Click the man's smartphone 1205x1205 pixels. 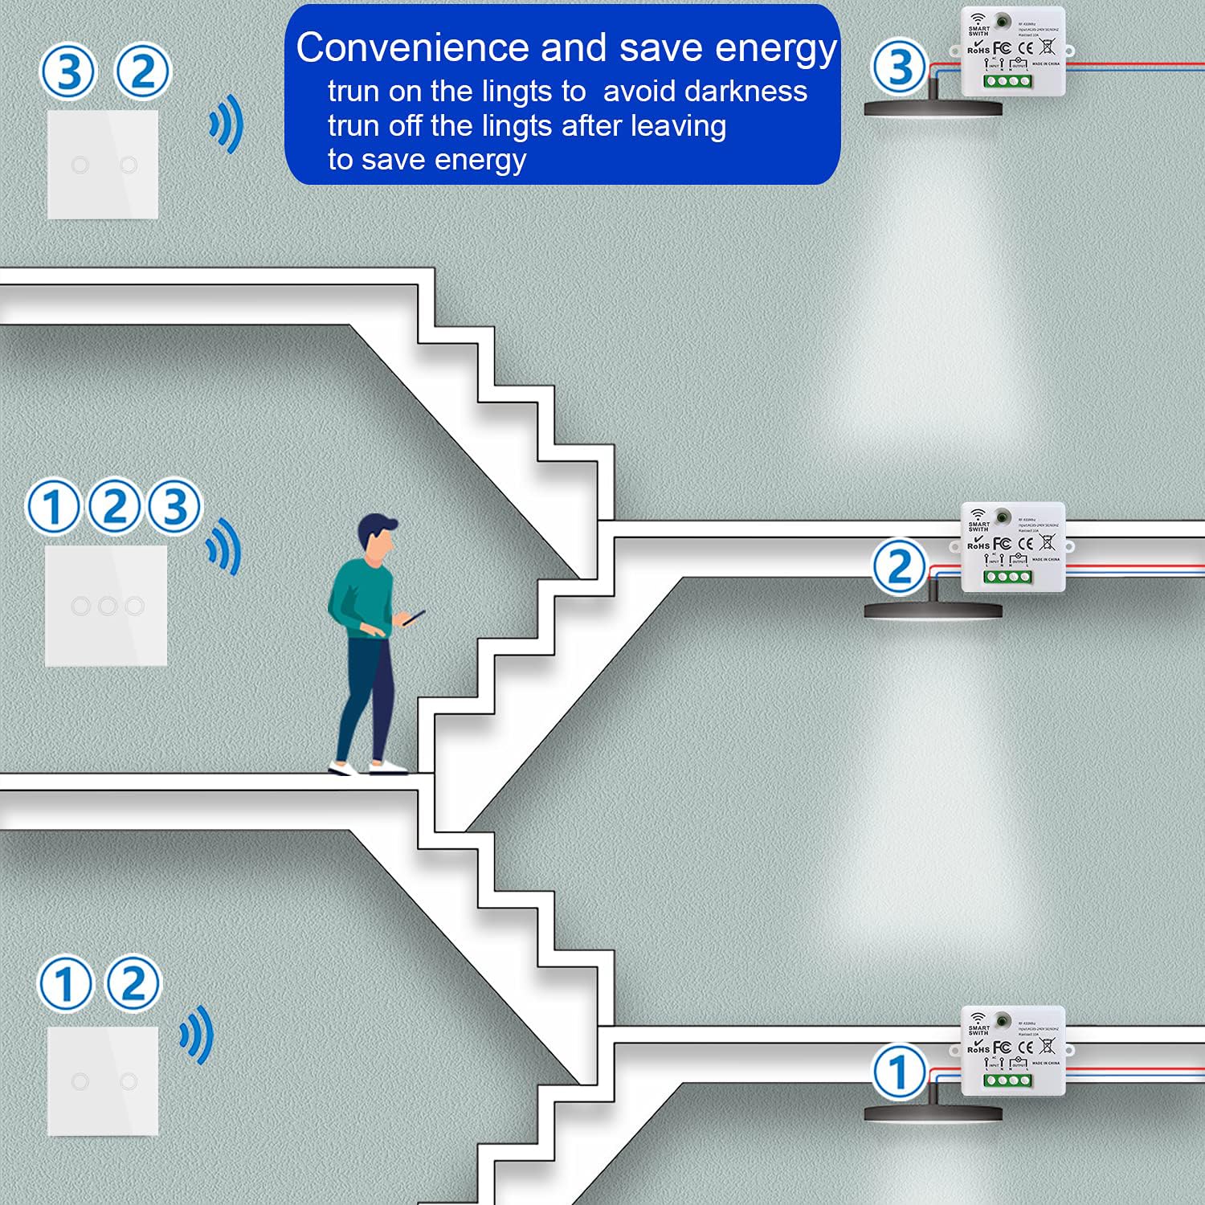(414, 617)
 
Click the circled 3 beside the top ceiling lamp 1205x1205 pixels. (899, 67)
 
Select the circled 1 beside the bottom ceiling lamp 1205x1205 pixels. (899, 1072)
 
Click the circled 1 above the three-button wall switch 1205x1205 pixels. (52, 507)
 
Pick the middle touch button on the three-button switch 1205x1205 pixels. (108, 606)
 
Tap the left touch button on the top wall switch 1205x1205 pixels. (80, 165)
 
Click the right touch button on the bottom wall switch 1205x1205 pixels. (129, 1081)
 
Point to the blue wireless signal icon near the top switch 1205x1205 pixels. (227, 125)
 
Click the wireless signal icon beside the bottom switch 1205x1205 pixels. (198, 1035)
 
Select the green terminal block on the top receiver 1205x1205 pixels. (1008, 81)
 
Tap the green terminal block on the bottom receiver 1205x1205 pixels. (1008, 1080)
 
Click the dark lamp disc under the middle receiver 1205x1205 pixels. (933, 611)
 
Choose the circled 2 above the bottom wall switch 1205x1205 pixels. (133, 983)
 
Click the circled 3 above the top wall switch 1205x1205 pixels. (67, 71)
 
